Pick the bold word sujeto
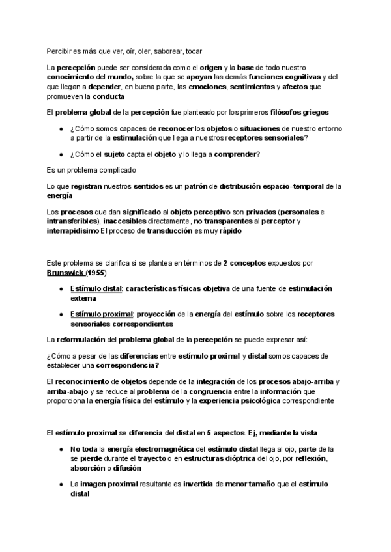(117, 154)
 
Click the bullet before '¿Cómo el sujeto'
(61, 154)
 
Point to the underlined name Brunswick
(66, 272)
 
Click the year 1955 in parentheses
(96, 272)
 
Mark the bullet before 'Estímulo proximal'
(61, 314)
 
